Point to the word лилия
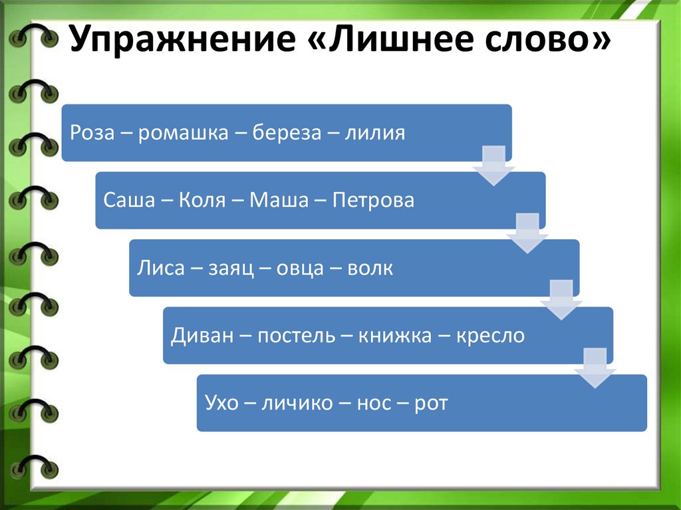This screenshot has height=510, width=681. (x=375, y=133)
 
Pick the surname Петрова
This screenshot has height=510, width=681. (x=373, y=201)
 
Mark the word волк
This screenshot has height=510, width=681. (x=369, y=269)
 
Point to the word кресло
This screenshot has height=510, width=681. (x=490, y=336)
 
